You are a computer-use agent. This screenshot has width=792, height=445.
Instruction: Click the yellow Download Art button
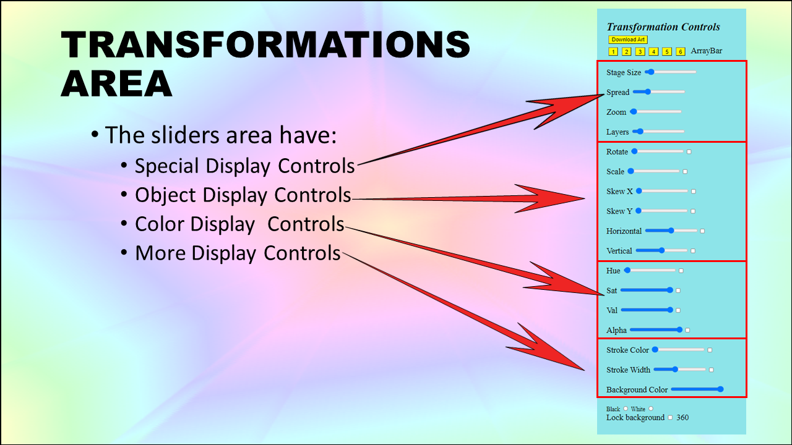tap(628, 40)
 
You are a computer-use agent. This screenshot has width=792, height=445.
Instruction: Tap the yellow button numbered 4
tap(653, 51)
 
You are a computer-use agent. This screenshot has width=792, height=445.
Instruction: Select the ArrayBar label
tap(707, 51)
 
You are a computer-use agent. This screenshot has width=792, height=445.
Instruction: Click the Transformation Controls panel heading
tap(663, 27)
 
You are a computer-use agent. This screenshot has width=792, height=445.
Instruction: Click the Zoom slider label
tap(616, 112)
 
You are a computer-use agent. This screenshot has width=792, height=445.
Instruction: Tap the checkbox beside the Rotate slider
tap(689, 152)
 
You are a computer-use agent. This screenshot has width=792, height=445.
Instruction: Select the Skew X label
tap(619, 192)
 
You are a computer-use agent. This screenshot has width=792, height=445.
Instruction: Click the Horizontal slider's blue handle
tap(671, 231)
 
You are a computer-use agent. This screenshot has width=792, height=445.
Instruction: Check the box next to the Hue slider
tap(681, 271)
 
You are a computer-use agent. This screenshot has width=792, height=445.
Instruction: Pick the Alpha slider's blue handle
tap(679, 330)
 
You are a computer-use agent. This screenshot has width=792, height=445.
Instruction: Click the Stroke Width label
tap(628, 370)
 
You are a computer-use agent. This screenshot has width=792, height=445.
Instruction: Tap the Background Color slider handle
tap(720, 389)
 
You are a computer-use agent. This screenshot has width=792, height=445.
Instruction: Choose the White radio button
tap(651, 409)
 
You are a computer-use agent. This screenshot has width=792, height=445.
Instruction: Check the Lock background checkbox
tap(670, 417)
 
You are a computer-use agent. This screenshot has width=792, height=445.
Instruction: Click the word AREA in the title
tap(117, 83)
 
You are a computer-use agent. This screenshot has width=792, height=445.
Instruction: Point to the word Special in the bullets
tap(166, 166)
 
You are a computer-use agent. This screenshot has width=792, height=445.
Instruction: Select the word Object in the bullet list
tap(165, 195)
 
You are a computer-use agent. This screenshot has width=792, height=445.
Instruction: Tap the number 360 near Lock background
tap(682, 417)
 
